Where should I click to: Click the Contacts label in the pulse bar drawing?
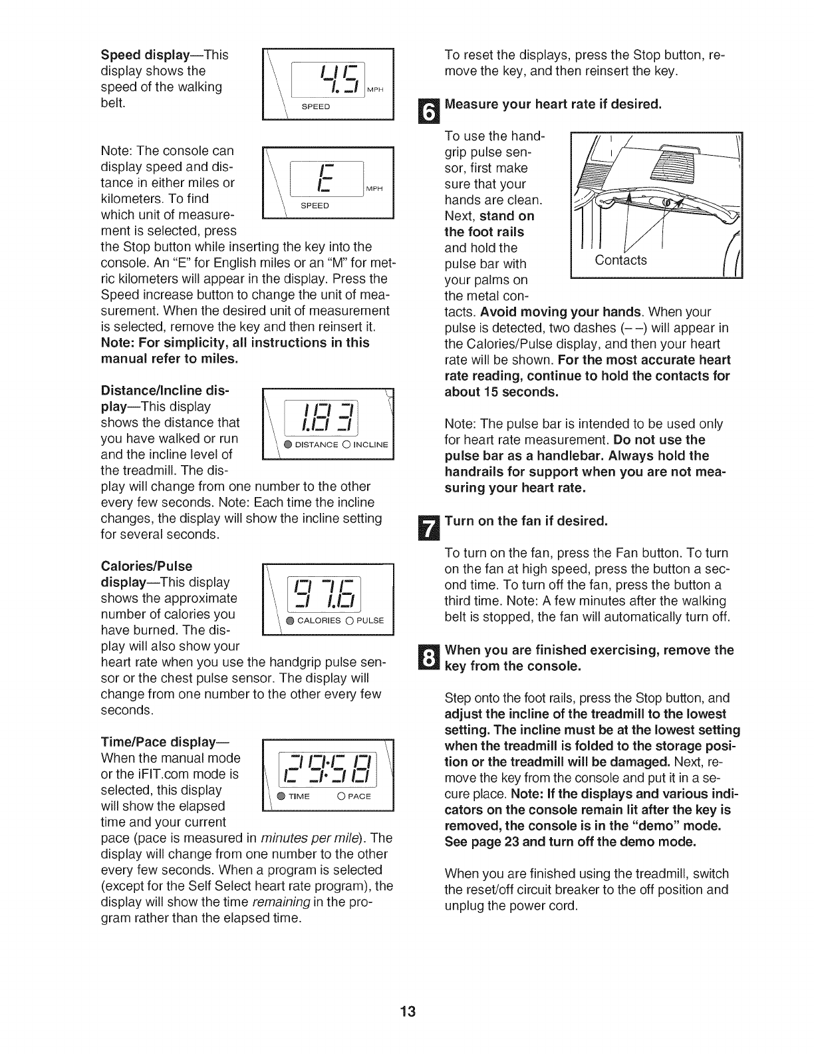tap(620, 260)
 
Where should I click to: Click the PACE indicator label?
tap(358, 796)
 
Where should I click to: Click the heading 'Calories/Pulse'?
tap(146, 566)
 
